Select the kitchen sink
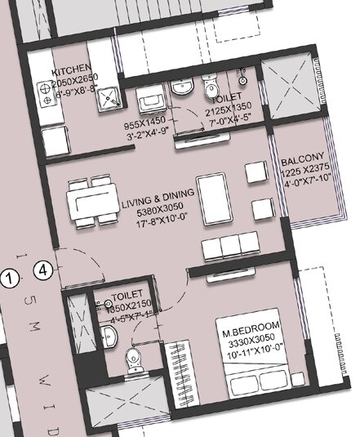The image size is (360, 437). pos(106,100)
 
